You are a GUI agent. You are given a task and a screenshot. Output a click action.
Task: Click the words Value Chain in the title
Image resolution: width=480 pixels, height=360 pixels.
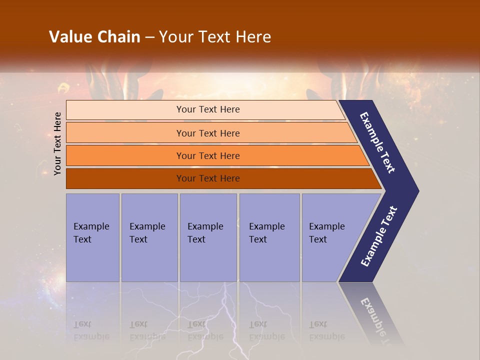(94, 36)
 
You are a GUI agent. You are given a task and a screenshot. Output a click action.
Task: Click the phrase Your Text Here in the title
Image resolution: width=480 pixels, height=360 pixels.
(215, 36)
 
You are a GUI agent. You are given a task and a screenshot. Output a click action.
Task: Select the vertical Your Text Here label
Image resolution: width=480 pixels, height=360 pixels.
(57, 143)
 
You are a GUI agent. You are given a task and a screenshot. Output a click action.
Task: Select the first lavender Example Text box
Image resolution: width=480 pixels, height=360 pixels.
(92, 237)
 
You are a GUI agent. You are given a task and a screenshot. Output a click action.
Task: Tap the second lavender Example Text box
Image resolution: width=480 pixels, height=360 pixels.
(149, 237)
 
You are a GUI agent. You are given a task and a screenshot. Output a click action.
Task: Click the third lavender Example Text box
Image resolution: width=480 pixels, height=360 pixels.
(208, 237)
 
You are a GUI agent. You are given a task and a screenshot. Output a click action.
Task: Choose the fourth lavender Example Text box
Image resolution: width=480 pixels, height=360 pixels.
(269, 237)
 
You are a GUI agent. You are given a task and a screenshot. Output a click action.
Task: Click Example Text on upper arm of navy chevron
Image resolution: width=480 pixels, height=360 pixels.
(378, 143)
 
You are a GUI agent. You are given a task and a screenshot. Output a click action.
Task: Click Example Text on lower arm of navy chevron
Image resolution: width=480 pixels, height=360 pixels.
(379, 236)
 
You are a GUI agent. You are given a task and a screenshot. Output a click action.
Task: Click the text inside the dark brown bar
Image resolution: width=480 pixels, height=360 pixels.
(208, 178)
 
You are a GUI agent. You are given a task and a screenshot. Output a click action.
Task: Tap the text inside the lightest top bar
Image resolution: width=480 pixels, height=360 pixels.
(208, 109)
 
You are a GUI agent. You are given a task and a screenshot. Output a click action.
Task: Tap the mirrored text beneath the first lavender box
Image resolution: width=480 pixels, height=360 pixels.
(91, 330)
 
